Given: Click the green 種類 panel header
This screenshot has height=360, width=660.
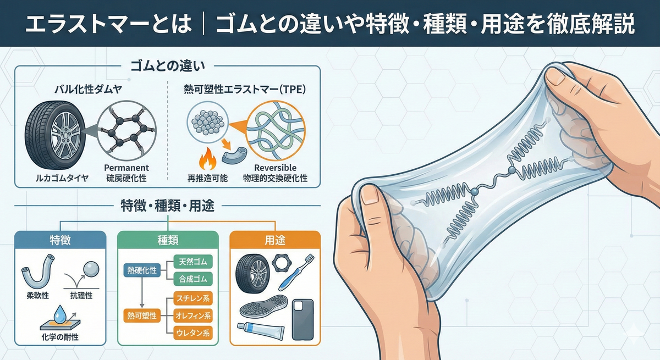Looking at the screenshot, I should click(x=168, y=240).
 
